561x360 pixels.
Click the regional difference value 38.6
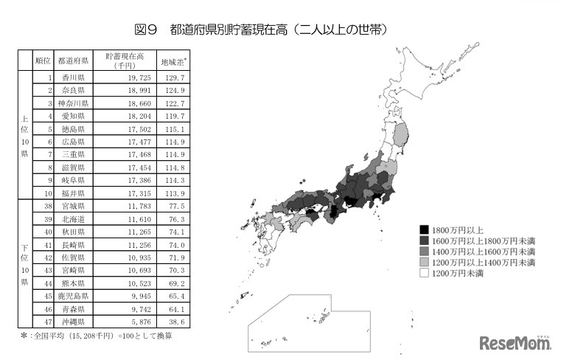tap(175, 322)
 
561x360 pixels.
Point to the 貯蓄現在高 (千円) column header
tap(125, 60)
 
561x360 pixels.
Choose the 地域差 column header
tap(174, 60)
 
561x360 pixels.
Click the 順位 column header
tap(43, 60)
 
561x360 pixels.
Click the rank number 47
tap(48, 322)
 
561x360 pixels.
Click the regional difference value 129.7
tap(175, 77)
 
